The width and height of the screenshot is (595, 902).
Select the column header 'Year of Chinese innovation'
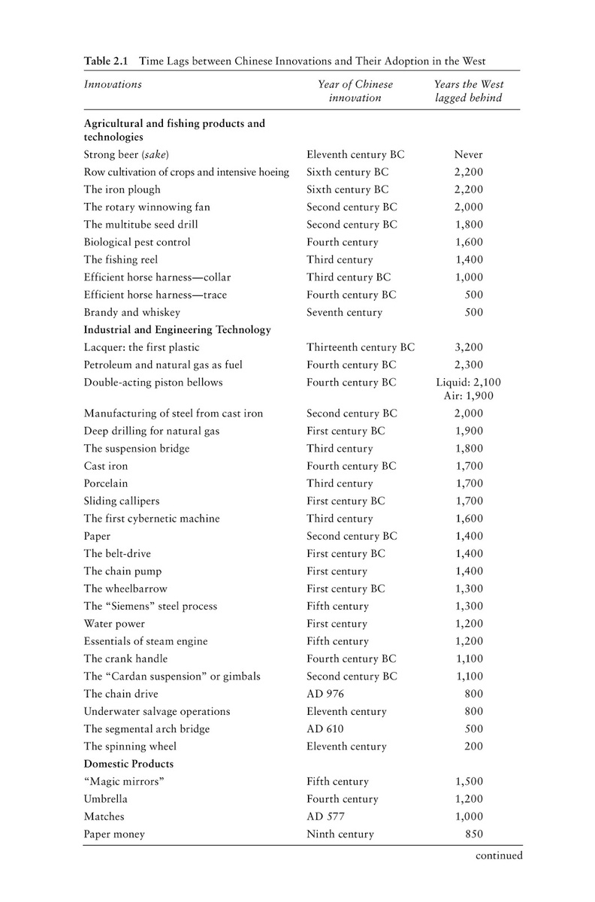(x=355, y=91)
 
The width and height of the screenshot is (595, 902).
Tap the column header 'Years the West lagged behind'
(x=469, y=91)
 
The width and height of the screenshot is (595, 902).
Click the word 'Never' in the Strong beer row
(x=469, y=155)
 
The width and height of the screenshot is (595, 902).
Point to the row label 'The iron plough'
(x=122, y=189)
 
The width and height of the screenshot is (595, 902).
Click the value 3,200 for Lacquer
(x=469, y=347)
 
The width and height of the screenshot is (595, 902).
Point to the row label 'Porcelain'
(x=106, y=483)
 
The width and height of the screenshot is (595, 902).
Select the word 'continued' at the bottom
(x=497, y=855)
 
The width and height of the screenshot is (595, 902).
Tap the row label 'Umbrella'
(x=106, y=799)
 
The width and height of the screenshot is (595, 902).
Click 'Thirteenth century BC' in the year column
(x=361, y=347)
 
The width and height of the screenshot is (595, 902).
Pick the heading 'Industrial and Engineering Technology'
(x=177, y=329)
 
